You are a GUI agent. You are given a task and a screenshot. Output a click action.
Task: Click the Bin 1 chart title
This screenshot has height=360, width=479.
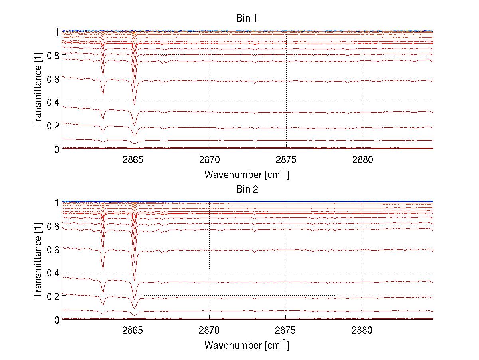click(x=246, y=19)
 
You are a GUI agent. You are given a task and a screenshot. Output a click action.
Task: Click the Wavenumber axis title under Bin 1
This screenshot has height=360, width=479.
click(x=246, y=174)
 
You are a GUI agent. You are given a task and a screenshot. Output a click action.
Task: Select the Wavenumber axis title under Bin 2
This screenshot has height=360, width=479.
click(x=246, y=344)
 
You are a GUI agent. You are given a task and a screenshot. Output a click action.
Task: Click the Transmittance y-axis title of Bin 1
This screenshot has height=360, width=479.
click(x=38, y=90)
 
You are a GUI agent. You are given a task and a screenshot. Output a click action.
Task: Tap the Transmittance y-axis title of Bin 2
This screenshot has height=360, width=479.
click(x=38, y=261)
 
